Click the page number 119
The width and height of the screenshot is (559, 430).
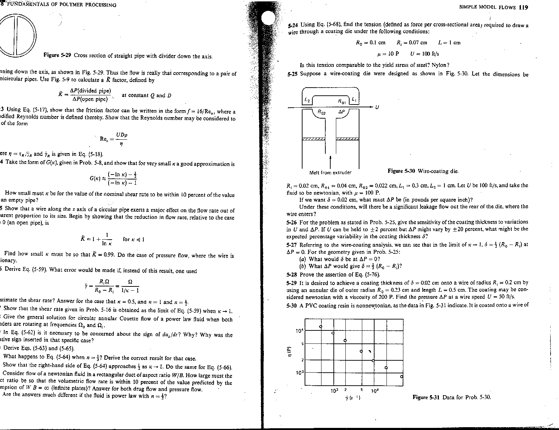[x=523, y=8]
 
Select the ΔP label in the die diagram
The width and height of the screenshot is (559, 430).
[x=341, y=112]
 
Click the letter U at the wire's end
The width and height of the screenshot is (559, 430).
[x=377, y=107]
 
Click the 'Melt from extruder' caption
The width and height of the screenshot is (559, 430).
[x=330, y=172]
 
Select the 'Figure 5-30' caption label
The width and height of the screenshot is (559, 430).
[x=401, y=171]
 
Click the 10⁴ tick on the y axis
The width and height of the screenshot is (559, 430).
[x=299, y=331]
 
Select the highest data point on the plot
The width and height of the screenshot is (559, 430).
[x=321, y=327]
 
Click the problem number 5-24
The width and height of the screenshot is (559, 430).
[x=293, y=25]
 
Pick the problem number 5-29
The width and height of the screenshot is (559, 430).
[x=292, y=283]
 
